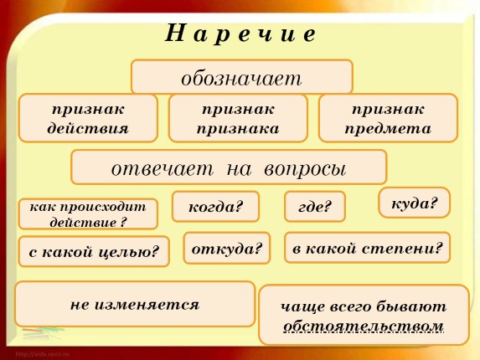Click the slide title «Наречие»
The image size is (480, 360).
[240, 33]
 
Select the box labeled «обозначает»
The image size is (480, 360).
[241, 77]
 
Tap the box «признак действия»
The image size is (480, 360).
[88, 118]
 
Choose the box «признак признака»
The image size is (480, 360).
[238, 118]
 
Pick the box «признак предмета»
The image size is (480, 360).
[388, 118]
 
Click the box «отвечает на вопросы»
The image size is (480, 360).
[229, 167]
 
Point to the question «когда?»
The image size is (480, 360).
[215, 207]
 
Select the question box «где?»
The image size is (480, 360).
[314, 207]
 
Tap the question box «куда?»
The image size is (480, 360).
[414, 203]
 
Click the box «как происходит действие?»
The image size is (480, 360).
[88, 213]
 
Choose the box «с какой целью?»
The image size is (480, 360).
[94, 251]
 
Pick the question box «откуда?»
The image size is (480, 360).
[226, 249]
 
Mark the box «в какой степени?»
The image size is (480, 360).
[367, 248]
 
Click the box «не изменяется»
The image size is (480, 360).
[135, 304]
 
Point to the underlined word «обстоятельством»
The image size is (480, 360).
[364, 326]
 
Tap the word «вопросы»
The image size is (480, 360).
[305, 167]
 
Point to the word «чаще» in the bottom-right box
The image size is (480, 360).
[299, 306]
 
